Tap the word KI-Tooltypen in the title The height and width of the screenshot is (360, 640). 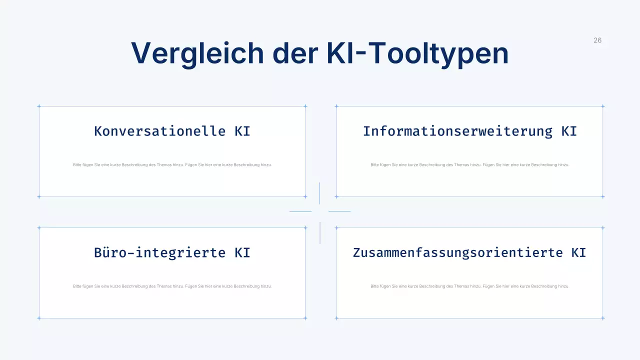tap(417, 53)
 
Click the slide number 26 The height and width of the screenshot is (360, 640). tap(597, 40)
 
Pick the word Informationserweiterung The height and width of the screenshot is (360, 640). tap(457, 131)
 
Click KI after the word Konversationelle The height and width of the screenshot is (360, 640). tap(242, 131)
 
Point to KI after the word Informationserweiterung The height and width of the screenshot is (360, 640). tap(569, 131)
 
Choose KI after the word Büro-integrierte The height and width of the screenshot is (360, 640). tap(242, 252)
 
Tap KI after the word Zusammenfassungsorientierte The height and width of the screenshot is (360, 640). tap(578, 252)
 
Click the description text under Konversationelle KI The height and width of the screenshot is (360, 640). tap(172, 164)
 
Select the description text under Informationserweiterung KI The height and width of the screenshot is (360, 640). tap(470, 164)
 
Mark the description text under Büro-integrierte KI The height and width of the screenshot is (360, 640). tap(172, 286)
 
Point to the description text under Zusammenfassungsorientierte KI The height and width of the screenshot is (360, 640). tap(470, 286)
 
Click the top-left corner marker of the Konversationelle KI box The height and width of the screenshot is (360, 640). tap(39, 106)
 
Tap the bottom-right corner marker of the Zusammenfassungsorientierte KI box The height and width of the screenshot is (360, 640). tap(602, 318)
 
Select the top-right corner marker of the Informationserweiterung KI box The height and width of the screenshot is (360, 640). tap(602, 106)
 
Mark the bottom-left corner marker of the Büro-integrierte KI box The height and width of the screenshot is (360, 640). tap(39, 318)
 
